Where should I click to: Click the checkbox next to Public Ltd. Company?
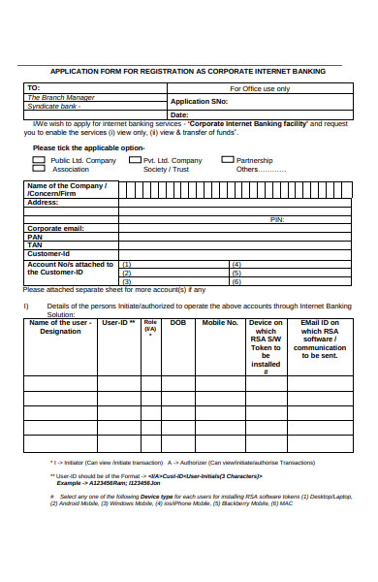[x=40, y=160]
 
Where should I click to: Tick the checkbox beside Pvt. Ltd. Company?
[x=136, y=160]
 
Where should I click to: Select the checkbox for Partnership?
[x=228, y=160]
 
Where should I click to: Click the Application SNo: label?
[x=199, y=101]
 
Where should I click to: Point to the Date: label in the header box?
[x=179, y=114]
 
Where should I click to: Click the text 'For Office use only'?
[x=259, y=88]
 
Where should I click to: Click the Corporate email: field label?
[x=56, y=228]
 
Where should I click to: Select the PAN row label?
[x=35, y=237]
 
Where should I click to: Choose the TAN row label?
[x=35, y=244]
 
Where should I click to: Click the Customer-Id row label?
[x=48, y=253]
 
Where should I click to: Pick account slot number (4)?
[x=236, y=265]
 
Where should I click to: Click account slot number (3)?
[x=126, y=281]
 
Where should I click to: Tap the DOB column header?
[x=178, y=323]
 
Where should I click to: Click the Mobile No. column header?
[x=219, y=323]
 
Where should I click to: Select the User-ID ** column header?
[x=118, y=323]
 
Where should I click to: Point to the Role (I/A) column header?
[x=150, y=326]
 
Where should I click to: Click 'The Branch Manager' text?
[x=60, y=97]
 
